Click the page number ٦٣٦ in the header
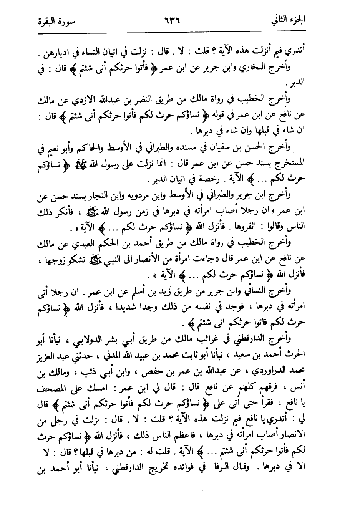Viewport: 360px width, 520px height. tap(171, 19)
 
